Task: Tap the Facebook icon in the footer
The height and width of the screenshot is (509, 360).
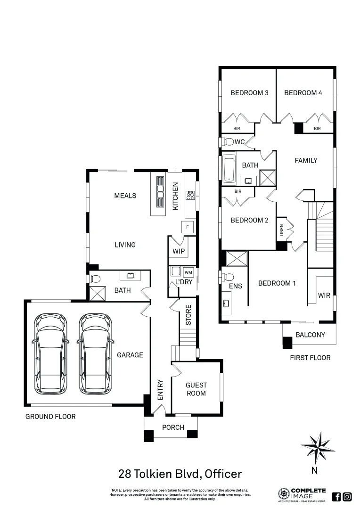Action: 336,496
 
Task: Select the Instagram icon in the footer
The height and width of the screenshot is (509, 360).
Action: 347,496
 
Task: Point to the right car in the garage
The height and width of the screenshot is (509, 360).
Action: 96,354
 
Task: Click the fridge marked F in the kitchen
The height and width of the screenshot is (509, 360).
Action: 188,227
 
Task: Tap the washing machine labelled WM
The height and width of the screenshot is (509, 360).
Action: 188,272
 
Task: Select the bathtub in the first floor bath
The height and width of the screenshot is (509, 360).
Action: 229,168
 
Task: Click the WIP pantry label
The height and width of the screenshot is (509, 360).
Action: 179,251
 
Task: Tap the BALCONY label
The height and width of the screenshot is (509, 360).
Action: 310,335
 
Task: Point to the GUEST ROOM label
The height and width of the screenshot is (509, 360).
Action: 196,389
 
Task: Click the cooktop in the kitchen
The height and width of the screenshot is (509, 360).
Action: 191,195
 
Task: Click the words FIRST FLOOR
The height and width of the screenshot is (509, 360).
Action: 310,358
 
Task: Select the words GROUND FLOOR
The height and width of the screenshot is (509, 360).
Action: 50,416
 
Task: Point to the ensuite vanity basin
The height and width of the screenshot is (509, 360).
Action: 227,304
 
